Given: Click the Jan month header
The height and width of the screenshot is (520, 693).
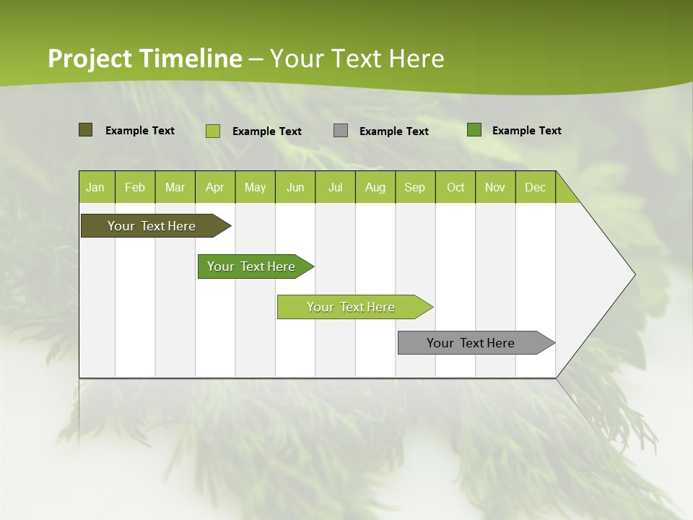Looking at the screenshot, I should (x=95, y=187).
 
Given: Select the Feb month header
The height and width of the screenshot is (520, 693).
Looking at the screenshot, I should (x=135, y=187).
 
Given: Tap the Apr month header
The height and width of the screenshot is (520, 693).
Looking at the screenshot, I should (x=214, y=187).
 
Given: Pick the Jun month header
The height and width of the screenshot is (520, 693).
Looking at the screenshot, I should (x=295, y=187).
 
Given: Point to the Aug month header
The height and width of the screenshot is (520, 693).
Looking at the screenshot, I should (x=375, y=187).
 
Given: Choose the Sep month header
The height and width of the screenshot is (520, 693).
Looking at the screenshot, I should (x=414, y=187).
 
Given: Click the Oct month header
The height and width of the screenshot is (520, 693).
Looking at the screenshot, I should (x=456, y=187).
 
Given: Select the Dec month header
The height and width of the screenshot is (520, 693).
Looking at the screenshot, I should (x=535, y=187).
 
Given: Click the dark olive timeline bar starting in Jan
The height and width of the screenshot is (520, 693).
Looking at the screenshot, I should (x=152, y=226).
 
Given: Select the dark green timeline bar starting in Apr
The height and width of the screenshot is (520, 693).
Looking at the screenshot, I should (x=251, y=266).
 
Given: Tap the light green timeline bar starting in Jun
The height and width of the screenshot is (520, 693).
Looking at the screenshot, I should (x=351, y=307).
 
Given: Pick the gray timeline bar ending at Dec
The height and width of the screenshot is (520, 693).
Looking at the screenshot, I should (x=471, y=343).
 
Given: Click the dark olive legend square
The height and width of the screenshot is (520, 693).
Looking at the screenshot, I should (x=85, y=130).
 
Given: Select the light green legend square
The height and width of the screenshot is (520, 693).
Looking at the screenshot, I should (x=213, y=131).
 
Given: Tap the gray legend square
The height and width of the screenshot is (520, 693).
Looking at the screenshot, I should (x=341, y=131).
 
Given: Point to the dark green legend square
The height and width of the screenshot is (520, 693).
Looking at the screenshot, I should (x=474, y=130).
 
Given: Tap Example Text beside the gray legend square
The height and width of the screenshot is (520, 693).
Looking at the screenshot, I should (x=394, y=131).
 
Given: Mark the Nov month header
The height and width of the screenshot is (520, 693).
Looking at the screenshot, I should (x=495, y=187).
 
